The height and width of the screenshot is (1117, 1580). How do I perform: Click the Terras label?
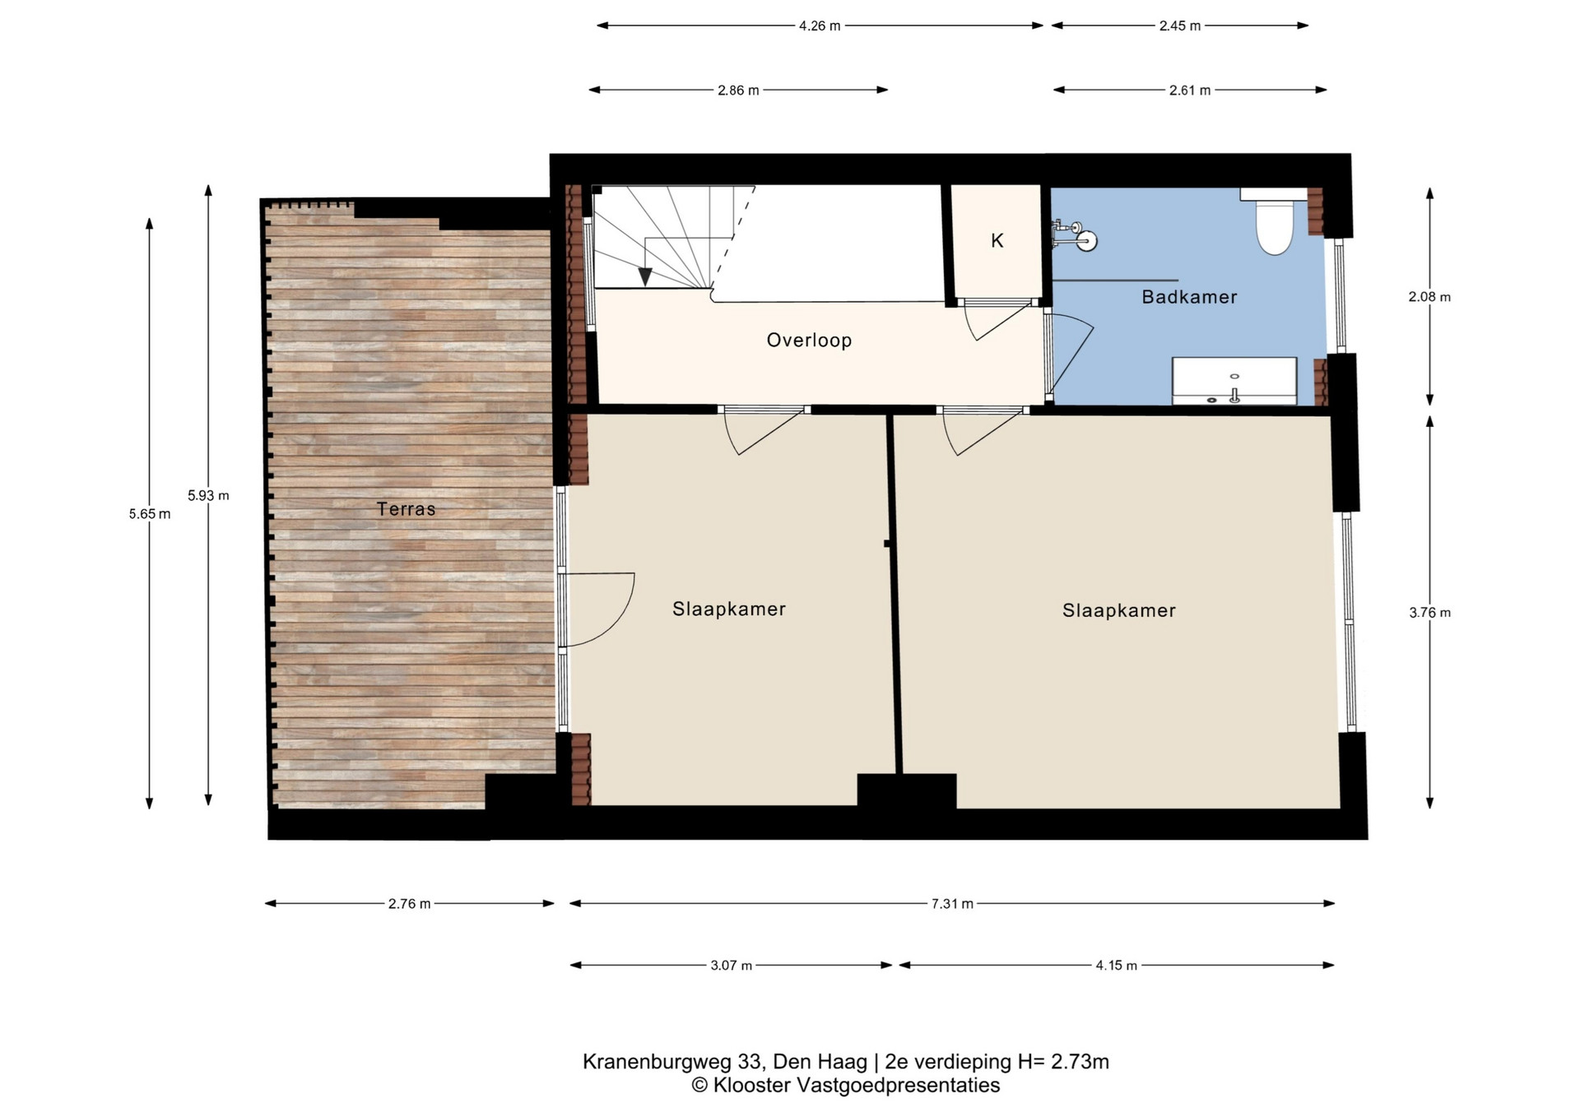[406, 509]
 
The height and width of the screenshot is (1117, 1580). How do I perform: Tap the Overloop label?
[809, 341]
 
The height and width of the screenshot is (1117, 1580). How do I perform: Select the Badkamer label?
[1189, 297]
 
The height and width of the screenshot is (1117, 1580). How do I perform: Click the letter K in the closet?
[997, 241]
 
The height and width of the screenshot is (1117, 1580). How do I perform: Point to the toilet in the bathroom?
[1274, 220]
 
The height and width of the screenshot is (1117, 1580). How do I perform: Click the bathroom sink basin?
[1234, 381]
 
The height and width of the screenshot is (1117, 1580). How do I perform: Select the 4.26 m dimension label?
[820, 26]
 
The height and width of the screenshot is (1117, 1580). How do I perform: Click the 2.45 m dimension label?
[1180, 26]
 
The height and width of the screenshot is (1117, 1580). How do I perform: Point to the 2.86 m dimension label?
[738, 90]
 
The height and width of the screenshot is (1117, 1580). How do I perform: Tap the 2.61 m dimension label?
[1190, 90]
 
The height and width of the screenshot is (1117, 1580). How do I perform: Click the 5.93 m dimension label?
[208, 496]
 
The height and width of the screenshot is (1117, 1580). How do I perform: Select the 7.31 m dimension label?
[952, 904]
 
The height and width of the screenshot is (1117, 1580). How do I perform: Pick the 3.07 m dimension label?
[732, 966]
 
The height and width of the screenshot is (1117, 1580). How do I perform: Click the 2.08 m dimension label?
[1429, 297]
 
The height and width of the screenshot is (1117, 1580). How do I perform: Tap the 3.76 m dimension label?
[1429, 613]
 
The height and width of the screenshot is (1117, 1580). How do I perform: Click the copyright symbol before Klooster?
[699, 1086]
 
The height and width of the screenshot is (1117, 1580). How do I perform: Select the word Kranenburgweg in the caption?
[642, 1062]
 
